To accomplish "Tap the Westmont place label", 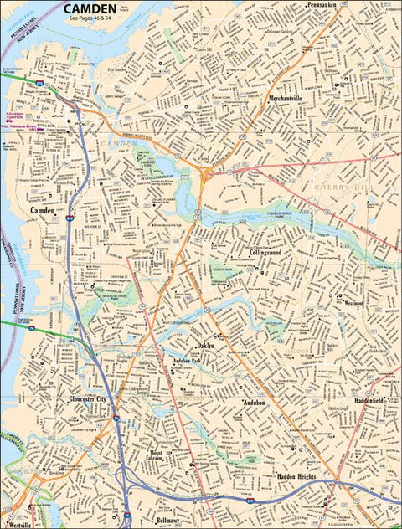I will (x=353, y=303).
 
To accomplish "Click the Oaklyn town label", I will (x=206, y=345).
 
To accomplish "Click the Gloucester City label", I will (x=89, y=400).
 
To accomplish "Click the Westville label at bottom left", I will (x=20, y=524).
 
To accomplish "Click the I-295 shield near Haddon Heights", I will (x=250, y=498).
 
